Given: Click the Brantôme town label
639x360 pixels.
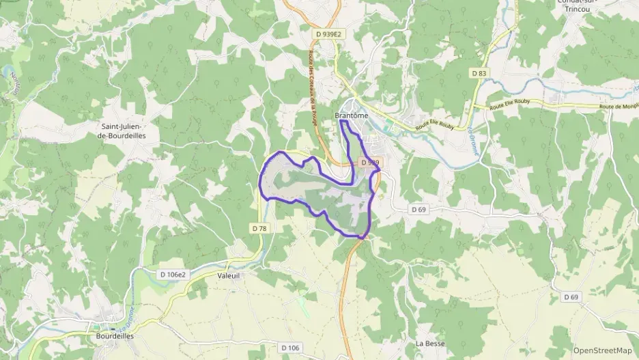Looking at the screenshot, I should point(352,116).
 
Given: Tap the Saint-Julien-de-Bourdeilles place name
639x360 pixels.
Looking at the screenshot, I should point(124,130).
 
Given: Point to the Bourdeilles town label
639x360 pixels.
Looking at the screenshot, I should point(115,336).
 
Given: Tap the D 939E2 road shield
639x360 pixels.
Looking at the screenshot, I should point(328,33).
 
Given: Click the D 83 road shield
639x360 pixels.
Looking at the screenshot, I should point(479,72).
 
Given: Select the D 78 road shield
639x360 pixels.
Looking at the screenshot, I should point(259,228).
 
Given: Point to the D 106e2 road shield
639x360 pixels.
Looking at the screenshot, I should point(172,275).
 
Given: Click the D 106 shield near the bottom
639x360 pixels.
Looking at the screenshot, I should point(289,348).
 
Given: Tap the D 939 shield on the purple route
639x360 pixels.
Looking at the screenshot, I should point(369,163).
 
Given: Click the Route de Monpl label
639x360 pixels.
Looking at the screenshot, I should point(618,107).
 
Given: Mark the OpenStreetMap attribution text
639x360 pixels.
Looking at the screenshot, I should point(603,350).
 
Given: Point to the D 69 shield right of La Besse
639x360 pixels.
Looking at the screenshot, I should point(571,297).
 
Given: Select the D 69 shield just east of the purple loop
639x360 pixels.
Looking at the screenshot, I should point(418,209).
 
